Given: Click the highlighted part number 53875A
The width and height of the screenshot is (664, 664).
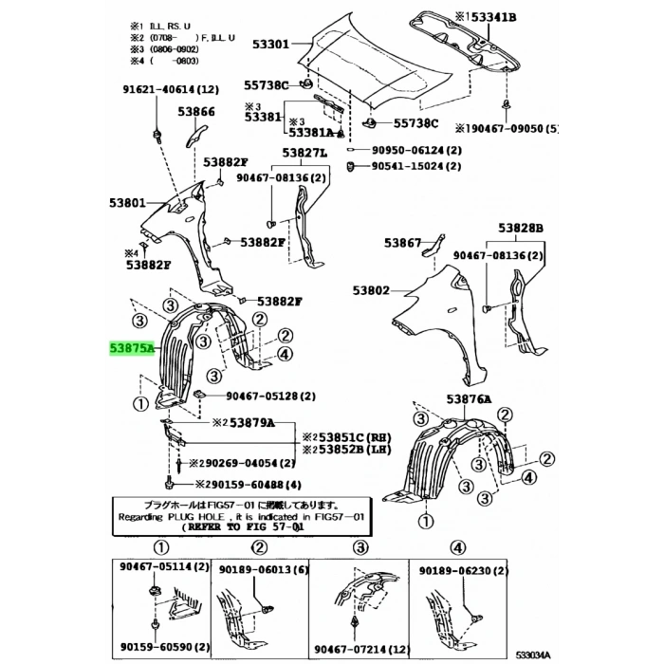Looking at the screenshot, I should [127, 349].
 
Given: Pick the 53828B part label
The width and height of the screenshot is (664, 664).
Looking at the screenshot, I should [522, 228].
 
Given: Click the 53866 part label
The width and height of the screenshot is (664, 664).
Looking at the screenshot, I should [197, 111].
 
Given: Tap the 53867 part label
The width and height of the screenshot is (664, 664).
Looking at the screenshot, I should [402, 243].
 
